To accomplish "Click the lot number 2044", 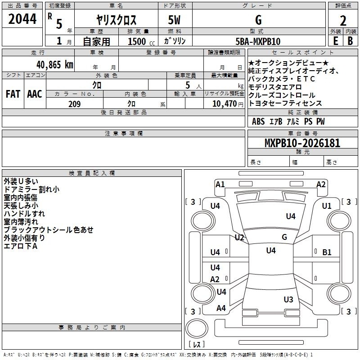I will [22, 19].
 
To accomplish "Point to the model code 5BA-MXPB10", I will [258, 41].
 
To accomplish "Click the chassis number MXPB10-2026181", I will [302, 144].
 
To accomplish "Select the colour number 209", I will [74, 104].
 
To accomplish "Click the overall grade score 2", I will [343, 21].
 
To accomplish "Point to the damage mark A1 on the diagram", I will [220, 184].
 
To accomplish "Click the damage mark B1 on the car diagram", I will [327, 252].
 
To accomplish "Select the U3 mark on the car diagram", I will [288, 299].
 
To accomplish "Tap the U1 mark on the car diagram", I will [327, 206].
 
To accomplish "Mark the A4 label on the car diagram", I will [221, 308].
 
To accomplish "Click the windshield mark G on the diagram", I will [284, 237].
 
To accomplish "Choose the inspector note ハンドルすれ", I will [24, 214].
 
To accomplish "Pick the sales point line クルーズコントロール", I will [282, 95].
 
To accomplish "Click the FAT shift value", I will [13, 94].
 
